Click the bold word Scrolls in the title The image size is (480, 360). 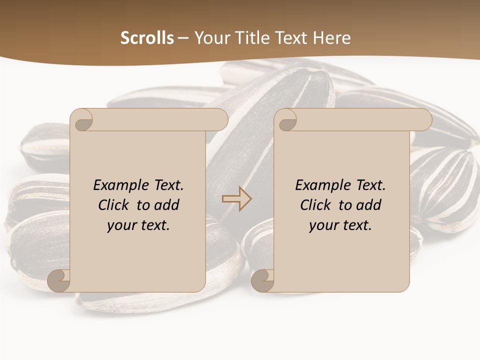tap(147, 38)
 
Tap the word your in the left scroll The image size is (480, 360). tap(120, 225)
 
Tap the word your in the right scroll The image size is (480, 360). tap(322, 225)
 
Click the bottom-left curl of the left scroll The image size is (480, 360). tap(58, 280)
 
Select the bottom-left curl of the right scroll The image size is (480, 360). tap(262, 280)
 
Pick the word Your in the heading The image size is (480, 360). tap(211, 38)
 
